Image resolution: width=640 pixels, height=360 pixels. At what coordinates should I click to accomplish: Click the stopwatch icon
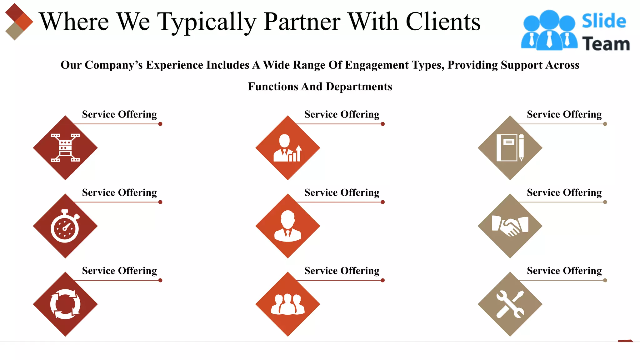tap(65, 226)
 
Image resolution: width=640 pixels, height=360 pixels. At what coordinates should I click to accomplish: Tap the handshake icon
tap(510, 226)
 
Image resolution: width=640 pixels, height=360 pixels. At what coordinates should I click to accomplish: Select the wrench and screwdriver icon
tap(510, 304)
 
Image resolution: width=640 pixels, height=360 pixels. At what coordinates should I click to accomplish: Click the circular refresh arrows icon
tap(65, 304)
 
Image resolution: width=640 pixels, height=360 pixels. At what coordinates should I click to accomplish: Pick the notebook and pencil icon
tap(510, 148)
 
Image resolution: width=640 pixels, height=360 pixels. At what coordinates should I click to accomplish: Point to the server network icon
tap(65, 148)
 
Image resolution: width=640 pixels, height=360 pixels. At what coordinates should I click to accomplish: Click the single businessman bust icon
tap(287, 226)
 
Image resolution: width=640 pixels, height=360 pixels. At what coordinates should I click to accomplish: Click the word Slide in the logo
tap(604, 21)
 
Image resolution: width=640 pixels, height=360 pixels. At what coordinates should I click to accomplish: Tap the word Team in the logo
tap(606, 44)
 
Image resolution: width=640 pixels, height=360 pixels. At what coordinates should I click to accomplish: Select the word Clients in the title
tap(443, 22)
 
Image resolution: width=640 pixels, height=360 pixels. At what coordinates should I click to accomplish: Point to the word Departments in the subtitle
tap(359, 87)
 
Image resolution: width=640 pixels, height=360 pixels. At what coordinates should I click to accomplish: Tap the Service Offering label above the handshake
tap(564, 192)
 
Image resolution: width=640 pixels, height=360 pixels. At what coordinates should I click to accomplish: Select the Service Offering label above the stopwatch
tap(119, 192)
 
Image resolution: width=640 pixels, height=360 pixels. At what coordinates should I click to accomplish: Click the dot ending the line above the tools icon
tap(605, 280)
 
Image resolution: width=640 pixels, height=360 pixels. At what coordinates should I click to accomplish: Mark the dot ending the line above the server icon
tap(160, 124)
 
